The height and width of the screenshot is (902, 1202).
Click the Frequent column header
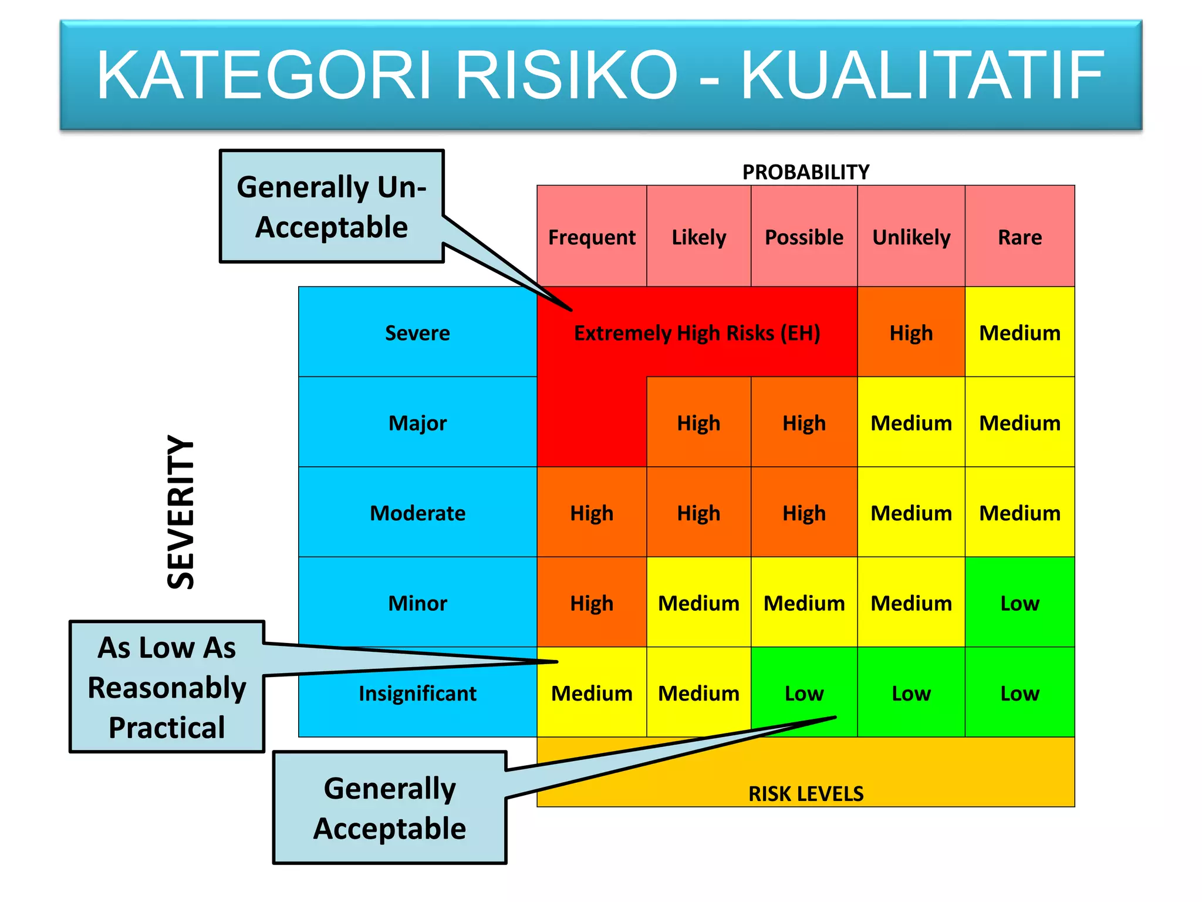click(592, 237)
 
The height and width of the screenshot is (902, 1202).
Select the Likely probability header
click(698, 237)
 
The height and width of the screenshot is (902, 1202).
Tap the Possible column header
click(804, 237)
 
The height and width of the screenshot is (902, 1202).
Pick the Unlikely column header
click(911, 237)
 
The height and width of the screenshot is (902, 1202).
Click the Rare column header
click(1020, 237)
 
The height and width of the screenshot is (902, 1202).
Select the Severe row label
click(417, 333)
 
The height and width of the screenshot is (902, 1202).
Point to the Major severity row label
click(417, 423)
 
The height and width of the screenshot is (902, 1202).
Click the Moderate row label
click(417, 513)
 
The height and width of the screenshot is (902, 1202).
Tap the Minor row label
click(417, 603)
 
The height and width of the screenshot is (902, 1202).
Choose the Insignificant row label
click(417, 694)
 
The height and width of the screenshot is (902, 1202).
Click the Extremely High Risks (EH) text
click(697, 333)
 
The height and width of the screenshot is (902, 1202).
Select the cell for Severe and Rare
click(1020, 333)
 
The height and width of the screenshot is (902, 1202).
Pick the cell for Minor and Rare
click(1020, 603)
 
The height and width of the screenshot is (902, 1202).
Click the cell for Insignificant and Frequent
click(592, 694)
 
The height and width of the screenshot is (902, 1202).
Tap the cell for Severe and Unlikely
click(911, 333)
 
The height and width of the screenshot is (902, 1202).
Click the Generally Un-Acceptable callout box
click(332, 207)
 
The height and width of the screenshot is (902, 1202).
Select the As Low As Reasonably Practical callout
click(167, 687)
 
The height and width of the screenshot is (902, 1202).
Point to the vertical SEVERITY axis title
click(181, 512)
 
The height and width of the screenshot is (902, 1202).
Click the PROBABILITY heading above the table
click(805, 172)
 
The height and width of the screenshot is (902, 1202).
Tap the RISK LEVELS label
click(805, 793)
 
